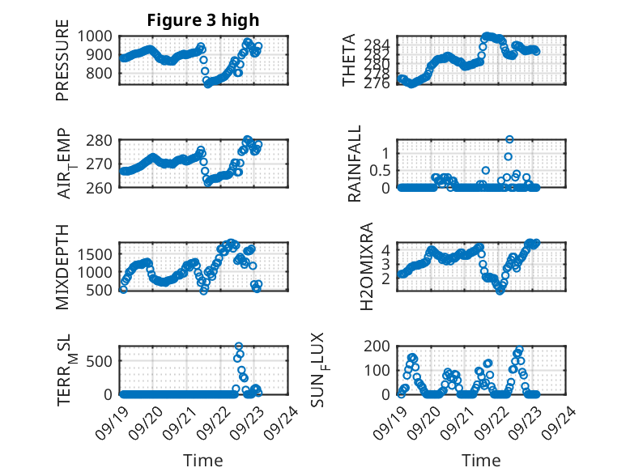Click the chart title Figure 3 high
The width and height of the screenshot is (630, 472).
tap(203, 20)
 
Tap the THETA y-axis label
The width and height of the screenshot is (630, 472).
tap(349, 61)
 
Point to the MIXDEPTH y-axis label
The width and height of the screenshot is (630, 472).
tap(62, 266)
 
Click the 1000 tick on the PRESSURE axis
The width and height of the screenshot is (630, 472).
tap(98, 36)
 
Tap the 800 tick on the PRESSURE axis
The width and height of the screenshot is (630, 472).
tap(102, 73)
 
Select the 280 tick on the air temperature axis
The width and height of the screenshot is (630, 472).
tap(102, 140)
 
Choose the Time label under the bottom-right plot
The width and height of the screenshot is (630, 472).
tap(481, 461)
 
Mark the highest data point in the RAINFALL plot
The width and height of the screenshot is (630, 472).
tap(509, 139)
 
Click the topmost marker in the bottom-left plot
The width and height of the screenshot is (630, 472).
tap(239, 347)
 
